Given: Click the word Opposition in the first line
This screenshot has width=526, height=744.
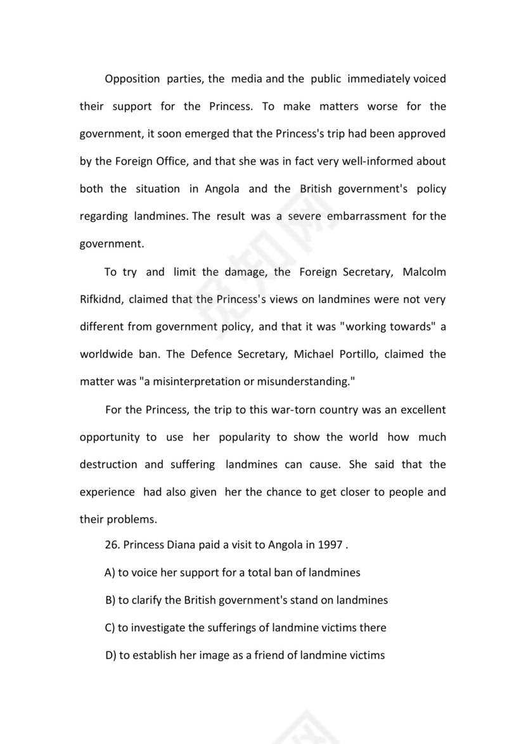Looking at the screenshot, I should pyautogui.click(x=132, y=79).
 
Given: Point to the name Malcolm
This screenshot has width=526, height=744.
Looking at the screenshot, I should pyautogui.click(x=424, y=272).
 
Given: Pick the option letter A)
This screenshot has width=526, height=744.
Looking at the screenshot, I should pyautogui.click(x=110, y=573).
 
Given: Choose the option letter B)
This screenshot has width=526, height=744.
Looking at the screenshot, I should pyautogui.click(x=110, y=600).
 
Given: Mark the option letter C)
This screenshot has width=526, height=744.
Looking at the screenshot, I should pyautogui.click(x=110, y=628).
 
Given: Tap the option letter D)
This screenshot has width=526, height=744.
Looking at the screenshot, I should pyautogui.click(x=111, y=655).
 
